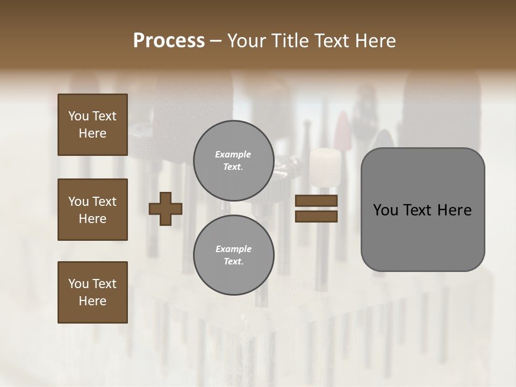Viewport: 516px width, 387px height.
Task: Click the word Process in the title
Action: click(169, 41)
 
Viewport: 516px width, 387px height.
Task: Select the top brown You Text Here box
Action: click(92, 125)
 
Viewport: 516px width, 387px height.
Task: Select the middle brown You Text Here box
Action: click(92, 210)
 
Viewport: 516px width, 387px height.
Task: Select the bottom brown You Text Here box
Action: click(92, 292)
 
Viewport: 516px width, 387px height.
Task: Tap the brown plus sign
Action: click(166, 209)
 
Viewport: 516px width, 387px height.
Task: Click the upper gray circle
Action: click(233, 161)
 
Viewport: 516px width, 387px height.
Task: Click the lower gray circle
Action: click(233, 255)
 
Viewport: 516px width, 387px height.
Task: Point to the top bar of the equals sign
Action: click(317, 201)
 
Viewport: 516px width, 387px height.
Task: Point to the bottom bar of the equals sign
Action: click(317, 216)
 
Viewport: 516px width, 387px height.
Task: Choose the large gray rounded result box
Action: click(422, 210)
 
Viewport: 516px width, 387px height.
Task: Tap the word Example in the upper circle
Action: click(233, 154)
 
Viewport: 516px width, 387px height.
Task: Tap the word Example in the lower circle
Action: click(233, 249)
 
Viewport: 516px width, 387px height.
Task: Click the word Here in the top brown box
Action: click(92, 133)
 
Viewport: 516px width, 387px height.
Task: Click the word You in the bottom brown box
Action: click(78, 284)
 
